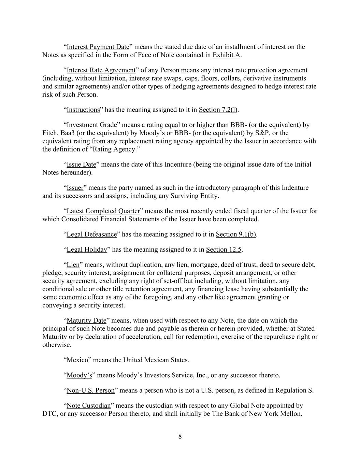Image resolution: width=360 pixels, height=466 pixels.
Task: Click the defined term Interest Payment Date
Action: click(98, 47)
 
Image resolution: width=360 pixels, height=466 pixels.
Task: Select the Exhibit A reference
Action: click(227, 55)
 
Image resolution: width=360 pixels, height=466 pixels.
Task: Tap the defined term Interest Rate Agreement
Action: click(101, 70)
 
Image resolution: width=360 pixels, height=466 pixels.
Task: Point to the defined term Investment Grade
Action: click(91, 125)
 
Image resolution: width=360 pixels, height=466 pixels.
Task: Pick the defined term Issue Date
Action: click(81, 165)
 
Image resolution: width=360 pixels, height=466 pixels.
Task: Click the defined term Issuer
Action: click(75, 188)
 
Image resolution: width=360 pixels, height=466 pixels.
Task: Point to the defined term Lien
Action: click(73, 265)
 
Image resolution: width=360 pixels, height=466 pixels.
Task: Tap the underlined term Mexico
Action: click(77, 360)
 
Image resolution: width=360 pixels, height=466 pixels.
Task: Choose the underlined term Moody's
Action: click(79, 376)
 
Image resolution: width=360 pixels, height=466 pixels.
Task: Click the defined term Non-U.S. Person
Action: click(90, 391)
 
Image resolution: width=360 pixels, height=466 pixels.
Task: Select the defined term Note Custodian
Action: click(88, 406)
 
